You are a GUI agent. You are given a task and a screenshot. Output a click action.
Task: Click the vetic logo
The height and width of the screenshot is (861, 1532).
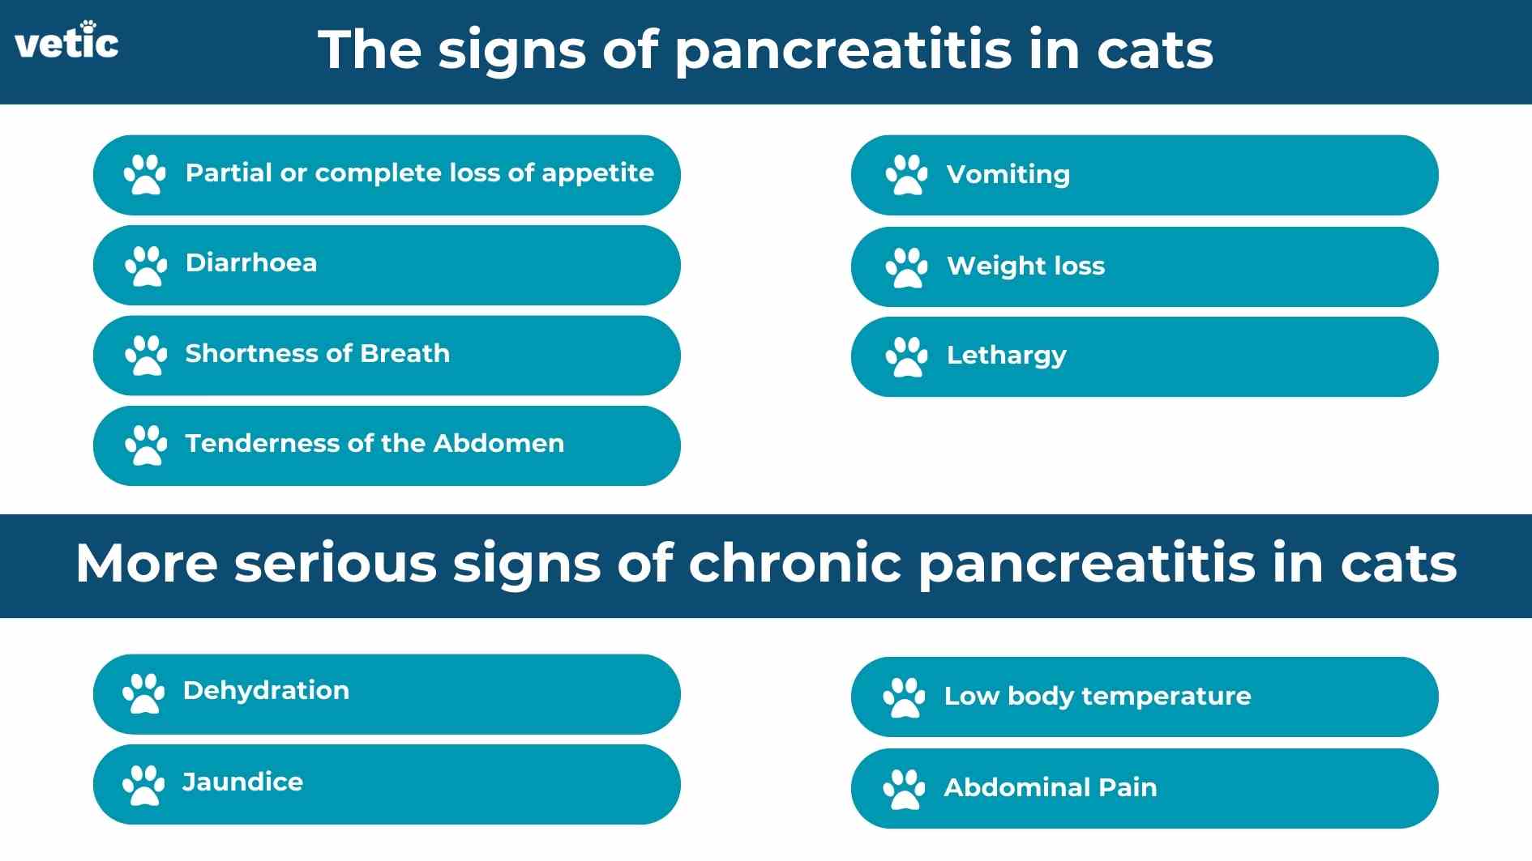[66, 42]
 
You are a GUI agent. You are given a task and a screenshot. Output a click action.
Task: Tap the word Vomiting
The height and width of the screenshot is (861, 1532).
[1008, 174]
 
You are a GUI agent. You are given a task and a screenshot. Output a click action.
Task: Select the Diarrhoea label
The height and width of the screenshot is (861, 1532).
[250, 262]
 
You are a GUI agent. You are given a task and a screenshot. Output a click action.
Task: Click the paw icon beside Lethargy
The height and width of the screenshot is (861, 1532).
[906, 356]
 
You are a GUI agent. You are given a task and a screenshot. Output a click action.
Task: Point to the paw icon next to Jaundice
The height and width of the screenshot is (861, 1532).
[143, 784]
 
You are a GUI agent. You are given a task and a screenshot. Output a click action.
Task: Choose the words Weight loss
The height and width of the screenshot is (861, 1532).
[1025, 266]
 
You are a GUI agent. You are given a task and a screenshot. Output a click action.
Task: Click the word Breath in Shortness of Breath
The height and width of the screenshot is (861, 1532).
[404, 353]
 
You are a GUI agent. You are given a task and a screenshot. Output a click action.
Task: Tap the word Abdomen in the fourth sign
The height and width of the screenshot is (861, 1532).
[499, 443]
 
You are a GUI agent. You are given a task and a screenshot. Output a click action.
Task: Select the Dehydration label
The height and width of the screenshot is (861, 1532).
[266, 690]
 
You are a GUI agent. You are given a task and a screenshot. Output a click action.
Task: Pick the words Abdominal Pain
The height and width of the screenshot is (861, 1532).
[1050, 787]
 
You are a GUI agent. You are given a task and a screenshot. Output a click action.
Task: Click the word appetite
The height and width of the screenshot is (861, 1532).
[597, 173]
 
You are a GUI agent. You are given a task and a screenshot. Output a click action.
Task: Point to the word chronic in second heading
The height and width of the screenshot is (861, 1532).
[794, 563]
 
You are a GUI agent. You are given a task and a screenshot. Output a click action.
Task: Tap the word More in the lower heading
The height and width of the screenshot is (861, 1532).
[147, 563]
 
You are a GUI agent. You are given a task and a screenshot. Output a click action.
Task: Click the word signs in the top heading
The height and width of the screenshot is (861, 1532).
[511, 50]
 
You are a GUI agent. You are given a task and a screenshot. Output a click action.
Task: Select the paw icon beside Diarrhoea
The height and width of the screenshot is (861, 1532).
[146, 266]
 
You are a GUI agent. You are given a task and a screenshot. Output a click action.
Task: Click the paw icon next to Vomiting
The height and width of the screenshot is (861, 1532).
[906, 174]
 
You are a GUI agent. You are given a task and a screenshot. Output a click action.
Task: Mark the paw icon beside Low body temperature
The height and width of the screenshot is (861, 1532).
[904, 697]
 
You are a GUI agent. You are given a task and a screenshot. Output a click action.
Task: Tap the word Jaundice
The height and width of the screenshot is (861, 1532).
[242, 782]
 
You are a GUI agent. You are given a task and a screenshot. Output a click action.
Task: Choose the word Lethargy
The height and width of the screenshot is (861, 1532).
[1006, 355]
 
